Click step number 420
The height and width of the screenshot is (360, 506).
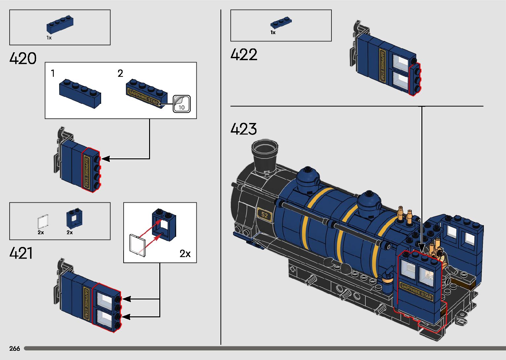point(23,59)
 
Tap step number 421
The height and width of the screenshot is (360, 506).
point(21,253)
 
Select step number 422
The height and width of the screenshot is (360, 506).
point(244,55)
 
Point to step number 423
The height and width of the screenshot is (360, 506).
point(244,129)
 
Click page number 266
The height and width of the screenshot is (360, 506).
point(15,348)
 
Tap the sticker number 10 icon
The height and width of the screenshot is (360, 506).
point(181,104)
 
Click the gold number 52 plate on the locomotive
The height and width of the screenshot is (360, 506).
point(264,215)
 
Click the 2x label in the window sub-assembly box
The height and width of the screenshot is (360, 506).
point(185,254)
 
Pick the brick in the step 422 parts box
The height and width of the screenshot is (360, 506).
point(281,23)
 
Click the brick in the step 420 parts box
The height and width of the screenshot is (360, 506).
point(60,25)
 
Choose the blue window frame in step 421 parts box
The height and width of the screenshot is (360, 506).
point(74,219)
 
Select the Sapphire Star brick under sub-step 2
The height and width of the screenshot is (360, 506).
point(146,94)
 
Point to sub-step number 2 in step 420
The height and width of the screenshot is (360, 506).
point(120,73)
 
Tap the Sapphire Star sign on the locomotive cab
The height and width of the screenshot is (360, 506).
point(416,291)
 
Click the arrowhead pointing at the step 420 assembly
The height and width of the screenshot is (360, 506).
point(105,159)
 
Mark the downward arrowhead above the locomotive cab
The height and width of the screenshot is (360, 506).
point(421,248)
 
